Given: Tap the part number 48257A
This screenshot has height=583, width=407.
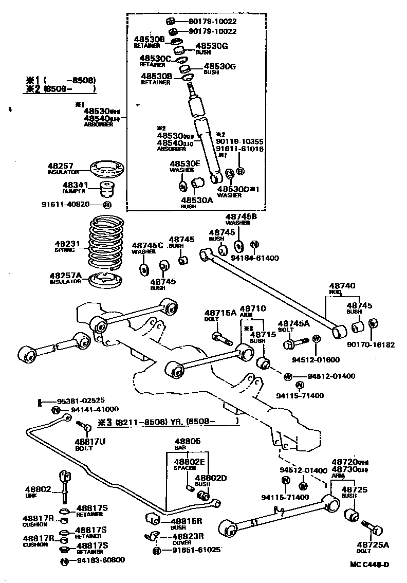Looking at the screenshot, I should tap(65, 276).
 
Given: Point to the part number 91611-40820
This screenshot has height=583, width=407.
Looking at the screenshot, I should tap(66, 204).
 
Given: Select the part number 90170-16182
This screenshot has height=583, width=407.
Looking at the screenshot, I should tap(371, 344).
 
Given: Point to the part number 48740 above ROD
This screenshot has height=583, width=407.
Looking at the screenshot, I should tap(342, 285).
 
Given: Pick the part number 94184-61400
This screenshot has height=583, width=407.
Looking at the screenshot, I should tap(255, 257).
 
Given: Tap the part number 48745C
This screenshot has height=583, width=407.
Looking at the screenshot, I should tap(147, 246).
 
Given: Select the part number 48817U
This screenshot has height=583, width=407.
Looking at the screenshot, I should tap(90, 441).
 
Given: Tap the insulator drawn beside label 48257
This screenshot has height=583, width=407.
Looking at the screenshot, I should tap(106, 169).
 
